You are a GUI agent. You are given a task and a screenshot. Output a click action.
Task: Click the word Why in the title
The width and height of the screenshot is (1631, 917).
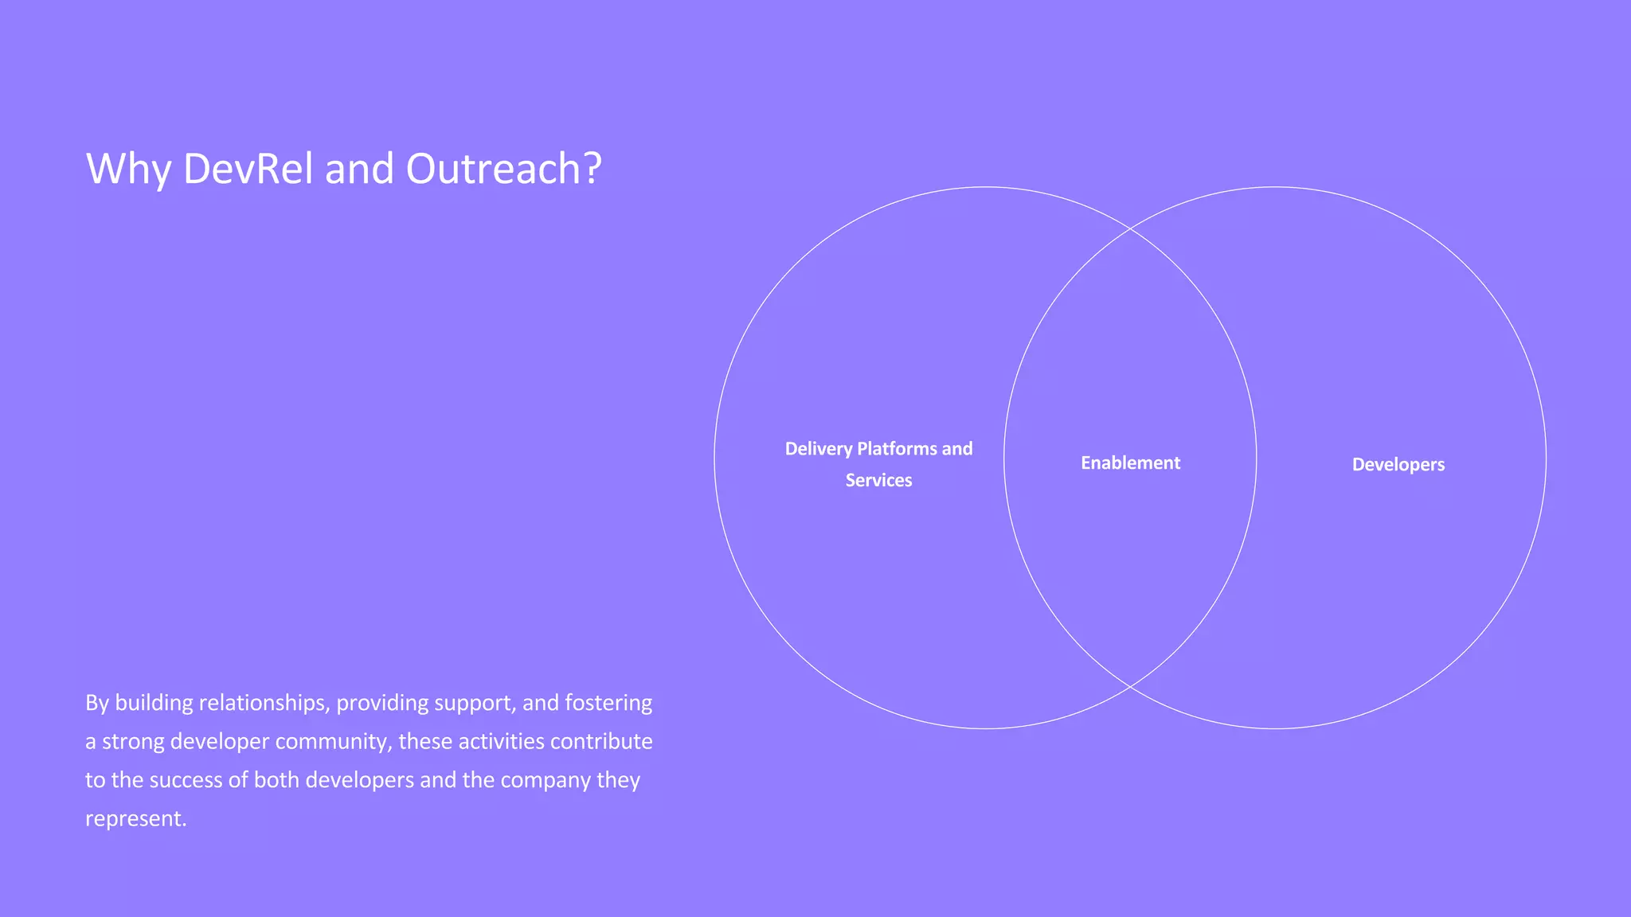click(x=128, y=170)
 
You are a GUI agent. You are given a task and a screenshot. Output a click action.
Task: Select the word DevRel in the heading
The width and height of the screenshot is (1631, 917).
click(x=248, y=170)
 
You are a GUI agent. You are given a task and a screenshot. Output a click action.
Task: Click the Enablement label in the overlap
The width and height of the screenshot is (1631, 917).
click(x=1130, y=463)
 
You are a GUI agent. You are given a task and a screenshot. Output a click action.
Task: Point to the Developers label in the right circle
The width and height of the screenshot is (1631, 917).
click(x=1398, y=465)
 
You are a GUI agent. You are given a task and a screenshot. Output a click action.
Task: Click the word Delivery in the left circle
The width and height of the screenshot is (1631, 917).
click(x=819, y=449)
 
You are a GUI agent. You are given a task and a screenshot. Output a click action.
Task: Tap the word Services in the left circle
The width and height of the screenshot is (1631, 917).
click(x=878, y=481)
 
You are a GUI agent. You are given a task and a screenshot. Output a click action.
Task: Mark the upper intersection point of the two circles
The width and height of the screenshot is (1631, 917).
click(x=1130, y=228)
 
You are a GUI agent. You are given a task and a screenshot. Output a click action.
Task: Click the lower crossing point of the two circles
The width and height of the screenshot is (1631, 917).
click(x=1130, y=686)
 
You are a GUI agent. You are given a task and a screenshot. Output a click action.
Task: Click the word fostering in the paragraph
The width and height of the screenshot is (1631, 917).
click(x=608, y=704)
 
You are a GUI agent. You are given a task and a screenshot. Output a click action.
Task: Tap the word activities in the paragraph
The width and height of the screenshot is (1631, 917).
click(x=501, y=742)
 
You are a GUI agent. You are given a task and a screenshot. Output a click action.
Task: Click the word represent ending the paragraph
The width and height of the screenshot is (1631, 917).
click(x=135, y=819)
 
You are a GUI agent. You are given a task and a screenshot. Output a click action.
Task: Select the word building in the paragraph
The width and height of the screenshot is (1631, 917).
click(x=154, y=704)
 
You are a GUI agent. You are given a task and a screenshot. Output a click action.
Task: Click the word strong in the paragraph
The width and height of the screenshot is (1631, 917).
click(x=133, y=742)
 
